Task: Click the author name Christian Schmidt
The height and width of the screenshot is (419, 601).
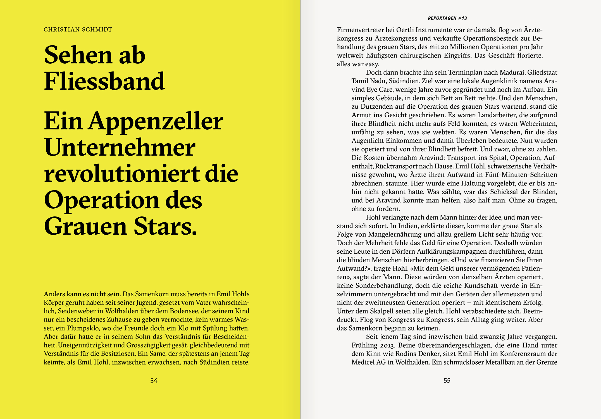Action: coord(78,30)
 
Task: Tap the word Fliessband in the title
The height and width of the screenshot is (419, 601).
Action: coord(104,81)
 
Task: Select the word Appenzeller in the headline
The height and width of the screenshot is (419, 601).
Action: coord(156,122)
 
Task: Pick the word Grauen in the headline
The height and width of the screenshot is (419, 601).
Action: coord(85,226)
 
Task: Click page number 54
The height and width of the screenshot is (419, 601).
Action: coord(154,380)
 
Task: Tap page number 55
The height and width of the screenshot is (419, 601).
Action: coord(447,380)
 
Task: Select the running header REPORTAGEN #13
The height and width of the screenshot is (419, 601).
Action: coord(447,18)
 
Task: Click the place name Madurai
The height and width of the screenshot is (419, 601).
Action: coord(512,73)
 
